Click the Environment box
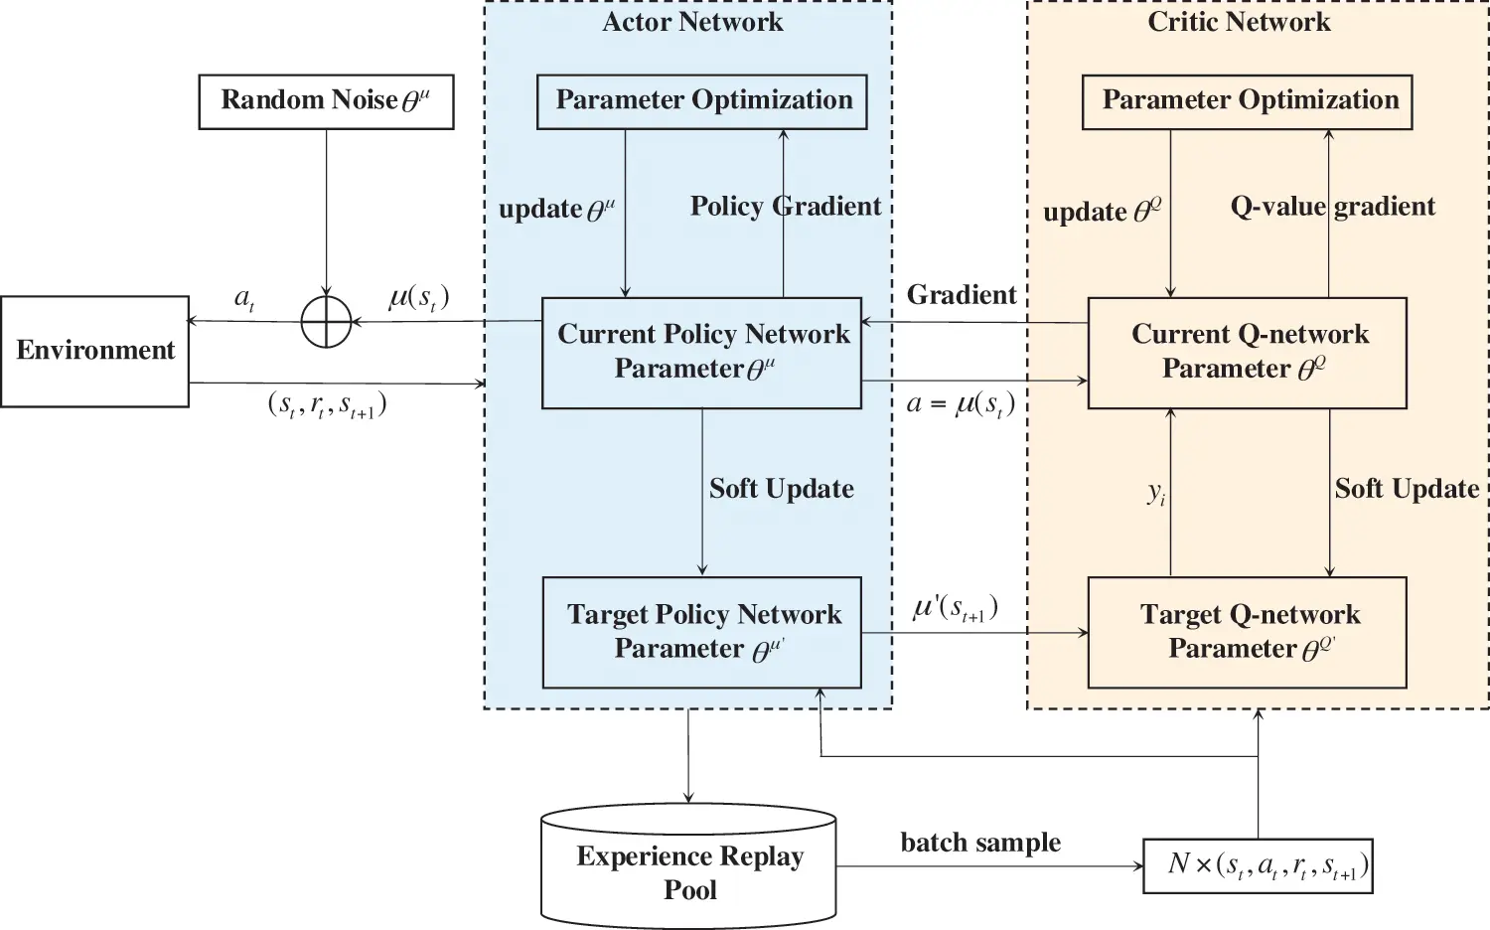click(94, 351)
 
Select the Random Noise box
click(326, 101)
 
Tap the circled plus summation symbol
click(326, 322)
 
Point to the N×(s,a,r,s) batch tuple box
click(1258, 865)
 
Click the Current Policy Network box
click(701, 353)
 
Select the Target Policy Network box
click(701, 632)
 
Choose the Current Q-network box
click(1247, 353)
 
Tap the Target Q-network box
click(1247, 632)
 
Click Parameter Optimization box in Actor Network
click(701, 101)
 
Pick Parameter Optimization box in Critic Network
click(1247, 101)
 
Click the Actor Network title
click(692, 22)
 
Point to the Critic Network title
click(1239, 22)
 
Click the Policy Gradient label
click(785, 207)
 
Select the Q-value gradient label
click(1332, 207)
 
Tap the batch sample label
click(980, 843)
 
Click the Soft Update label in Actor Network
click(781, 489)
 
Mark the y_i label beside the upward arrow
click(1156, 492)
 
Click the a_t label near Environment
click(244, 298)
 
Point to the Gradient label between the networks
click(961, 295)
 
